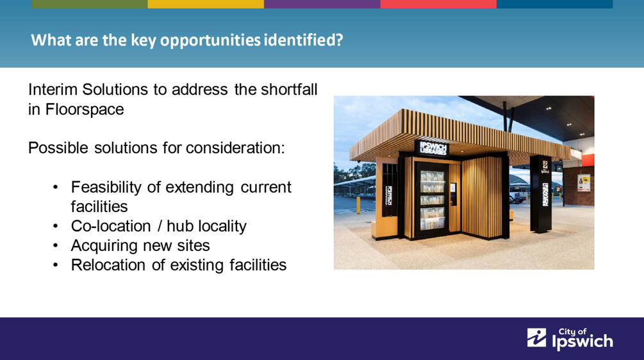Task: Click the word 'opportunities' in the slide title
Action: coord(210,40)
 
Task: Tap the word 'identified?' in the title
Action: coord(303,40)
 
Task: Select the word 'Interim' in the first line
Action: coord(53,89)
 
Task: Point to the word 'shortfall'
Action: coord(276,89)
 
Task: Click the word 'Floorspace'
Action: coord(85,109)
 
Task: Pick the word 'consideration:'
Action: coord(235,148)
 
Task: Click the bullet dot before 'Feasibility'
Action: coord(56,188)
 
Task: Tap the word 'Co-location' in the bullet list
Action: coord(111,226)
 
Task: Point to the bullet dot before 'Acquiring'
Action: coord(56,246)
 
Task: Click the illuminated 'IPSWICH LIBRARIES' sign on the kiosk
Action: coord(433,148)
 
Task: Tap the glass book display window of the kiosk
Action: coord(432,200)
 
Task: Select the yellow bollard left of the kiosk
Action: coord(358,204)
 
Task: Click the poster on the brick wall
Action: coord(584,183)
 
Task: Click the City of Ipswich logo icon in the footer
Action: coord(537,338)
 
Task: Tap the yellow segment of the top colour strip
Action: coord(206,4)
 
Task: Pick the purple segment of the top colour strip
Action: coord(322,4)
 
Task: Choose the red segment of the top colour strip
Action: coord(438,4)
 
